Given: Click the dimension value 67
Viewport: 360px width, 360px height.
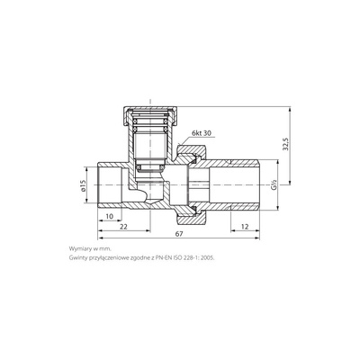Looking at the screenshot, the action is (x=179, y=234).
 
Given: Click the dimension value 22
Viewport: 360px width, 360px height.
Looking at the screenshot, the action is (x=123, y=227).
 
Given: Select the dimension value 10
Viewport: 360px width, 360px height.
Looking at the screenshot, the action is (x=110, y=216).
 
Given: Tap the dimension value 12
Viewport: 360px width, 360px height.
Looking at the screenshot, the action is (x=245, y=227).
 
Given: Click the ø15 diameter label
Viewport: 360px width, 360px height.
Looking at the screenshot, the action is (x=83, y=185).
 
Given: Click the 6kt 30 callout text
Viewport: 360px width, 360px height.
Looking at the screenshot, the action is (x=202, y=133).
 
